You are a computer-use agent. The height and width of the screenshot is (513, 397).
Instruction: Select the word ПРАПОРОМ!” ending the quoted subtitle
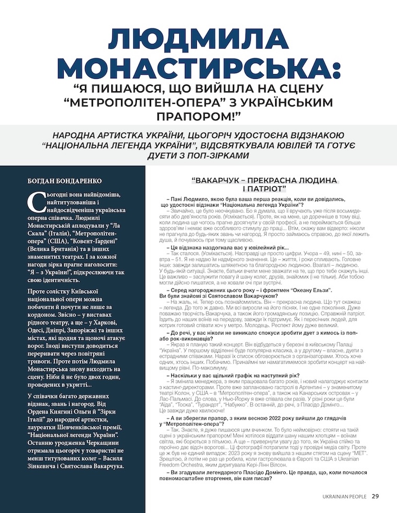coord(198,115)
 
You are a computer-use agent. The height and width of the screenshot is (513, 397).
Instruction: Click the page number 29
coord(376,496)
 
